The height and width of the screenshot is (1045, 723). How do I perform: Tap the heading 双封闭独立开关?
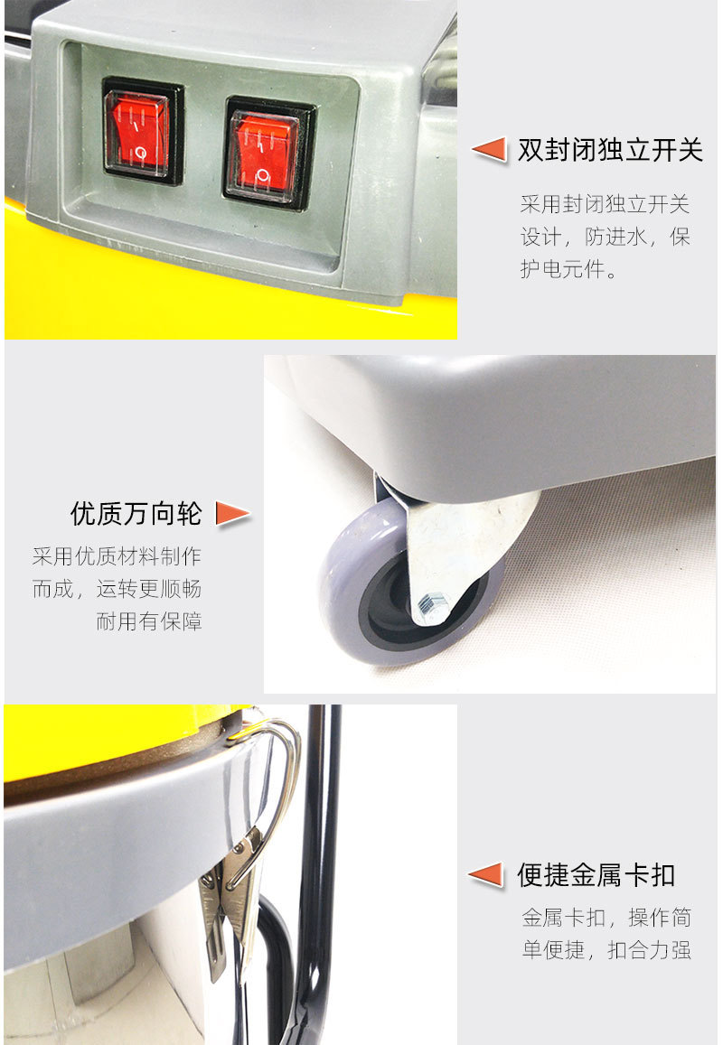point(610,151)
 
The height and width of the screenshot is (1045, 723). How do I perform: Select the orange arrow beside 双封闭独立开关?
point(490,149)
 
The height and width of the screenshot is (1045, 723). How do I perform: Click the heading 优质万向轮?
point(136,514)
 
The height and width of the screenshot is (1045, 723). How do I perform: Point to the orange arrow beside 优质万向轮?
point(233,514)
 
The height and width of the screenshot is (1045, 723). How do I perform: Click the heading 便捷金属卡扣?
point(596,875)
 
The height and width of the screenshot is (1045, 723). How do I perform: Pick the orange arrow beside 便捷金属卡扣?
point(486,875)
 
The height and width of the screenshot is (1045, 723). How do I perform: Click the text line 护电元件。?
point(568,269)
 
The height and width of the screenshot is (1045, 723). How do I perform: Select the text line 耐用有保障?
point(149,621)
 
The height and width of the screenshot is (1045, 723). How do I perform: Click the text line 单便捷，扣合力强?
point(606,949)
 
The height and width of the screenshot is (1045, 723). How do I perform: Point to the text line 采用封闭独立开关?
point(605,204)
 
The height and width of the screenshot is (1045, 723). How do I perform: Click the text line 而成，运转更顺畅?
point(117,589)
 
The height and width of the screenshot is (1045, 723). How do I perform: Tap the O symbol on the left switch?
point(141,154)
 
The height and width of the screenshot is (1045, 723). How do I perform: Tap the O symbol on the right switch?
point(264,176)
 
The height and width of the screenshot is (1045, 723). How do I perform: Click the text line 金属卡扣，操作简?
point(606,917)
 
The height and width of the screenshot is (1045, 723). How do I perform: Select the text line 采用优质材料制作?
point(117,555)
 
